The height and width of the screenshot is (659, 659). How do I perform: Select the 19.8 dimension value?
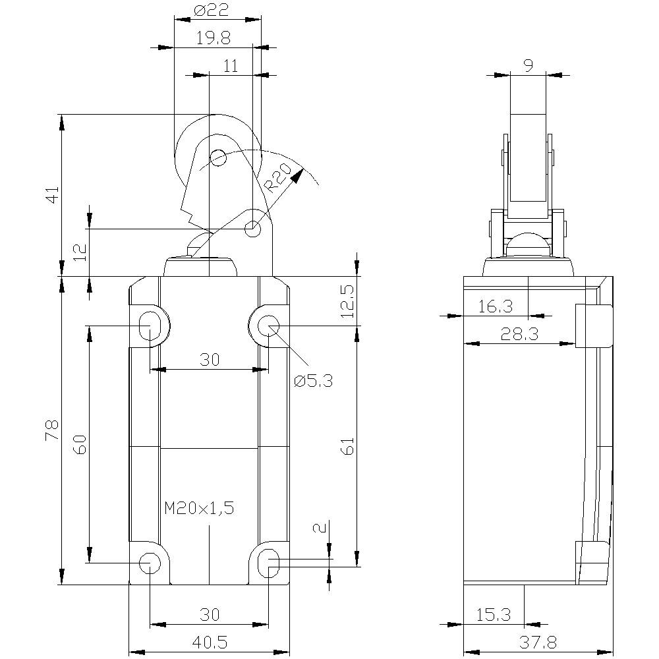coord(212,38)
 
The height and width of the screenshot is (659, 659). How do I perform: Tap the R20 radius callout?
coord(279,178)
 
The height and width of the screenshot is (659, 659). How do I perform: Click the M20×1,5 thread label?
coord(199,508)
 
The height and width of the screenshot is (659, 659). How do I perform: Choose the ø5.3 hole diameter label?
coord(314,382)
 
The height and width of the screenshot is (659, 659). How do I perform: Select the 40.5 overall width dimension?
coord(209,641)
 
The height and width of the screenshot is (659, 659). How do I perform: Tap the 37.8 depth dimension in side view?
coord(538,641)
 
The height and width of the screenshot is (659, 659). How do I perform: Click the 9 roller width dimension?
coord(528,65)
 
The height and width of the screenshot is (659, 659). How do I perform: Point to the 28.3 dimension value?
coord(519,334)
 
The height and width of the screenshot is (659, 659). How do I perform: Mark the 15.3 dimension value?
coord(494,615)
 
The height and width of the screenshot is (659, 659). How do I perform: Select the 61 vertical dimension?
coord(348,445)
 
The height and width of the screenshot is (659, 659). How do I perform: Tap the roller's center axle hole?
coord(217,158)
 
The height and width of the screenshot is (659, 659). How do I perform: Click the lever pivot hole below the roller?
coord(252,229)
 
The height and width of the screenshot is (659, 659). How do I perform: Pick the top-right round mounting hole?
coord(268,325)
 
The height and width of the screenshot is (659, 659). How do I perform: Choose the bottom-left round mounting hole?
coord(150,562)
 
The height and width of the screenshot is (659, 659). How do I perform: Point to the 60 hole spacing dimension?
coord(80,445)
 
